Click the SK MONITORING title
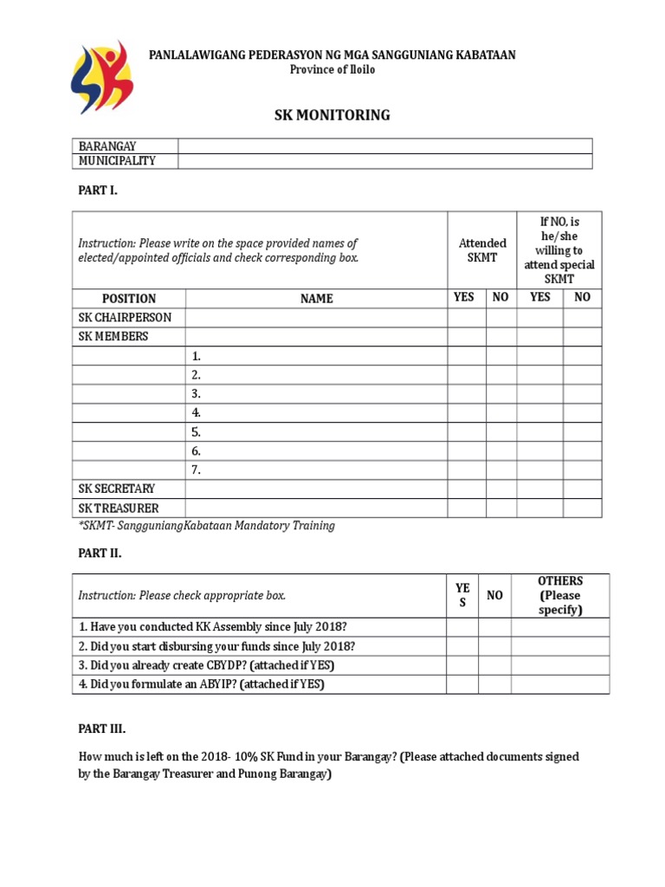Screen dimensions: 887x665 pyautogui.click(x=332, y=114)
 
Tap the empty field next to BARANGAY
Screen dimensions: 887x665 pyautogui.click(x=384, y=146)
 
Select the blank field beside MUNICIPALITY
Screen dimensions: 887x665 pyautogui.click(x=384, y=161)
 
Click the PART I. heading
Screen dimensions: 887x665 pyautogui.click(x=97, y=191)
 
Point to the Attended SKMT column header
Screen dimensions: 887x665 pyautogui.click(x=481, y=250)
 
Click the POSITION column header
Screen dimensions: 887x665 pyautogui.click(x=128, y=298)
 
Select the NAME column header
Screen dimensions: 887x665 pyautogui.click(x=316, y=298)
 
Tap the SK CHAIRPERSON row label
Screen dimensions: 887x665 pyautogui.click(x=125, y=317)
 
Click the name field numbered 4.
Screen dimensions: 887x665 pyautogui.click(x=316, y=413)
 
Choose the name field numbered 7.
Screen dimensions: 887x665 pyautogui.click(x=316, y=470)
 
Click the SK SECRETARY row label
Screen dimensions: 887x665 pyautogui.click(x=117, y=489)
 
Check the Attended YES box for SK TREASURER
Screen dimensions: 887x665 pyautogui.click(x=466, y=508)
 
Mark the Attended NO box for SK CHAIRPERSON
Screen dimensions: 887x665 pyautogui.click(x=500, y=317)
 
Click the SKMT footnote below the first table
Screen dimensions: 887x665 pyautogui.click(x=206, y=526)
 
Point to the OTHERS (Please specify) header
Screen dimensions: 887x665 pyautogui.click(x=559, y=595)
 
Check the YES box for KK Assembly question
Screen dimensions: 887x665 pyautogui.click(x=462, y=627)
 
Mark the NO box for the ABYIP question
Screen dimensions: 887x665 pyautogui.click(x=494, y=684)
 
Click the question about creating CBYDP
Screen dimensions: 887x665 pyautogui.click(x=206, y=665)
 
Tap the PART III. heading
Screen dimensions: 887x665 pyautogui.click(x=101, y=728)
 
